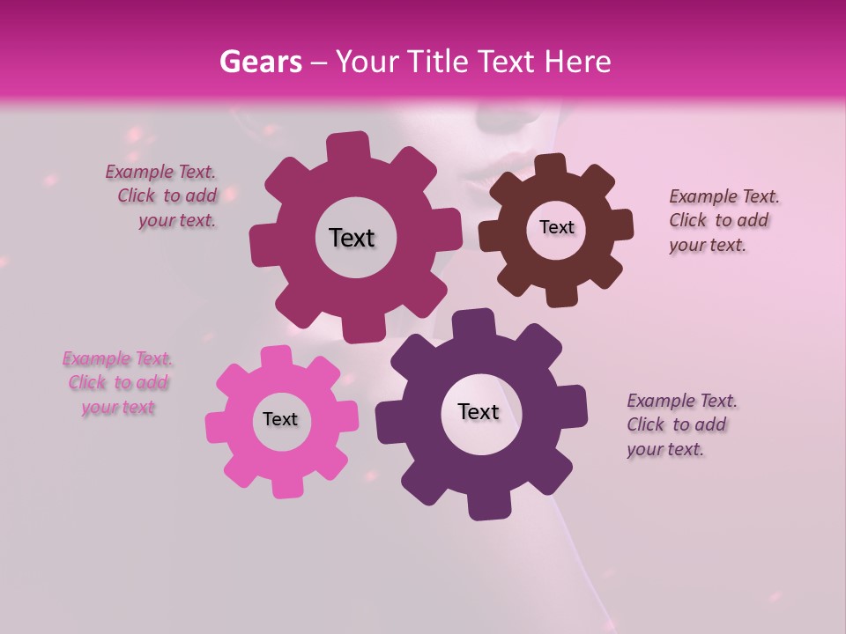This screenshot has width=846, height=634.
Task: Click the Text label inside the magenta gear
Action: point(352,238)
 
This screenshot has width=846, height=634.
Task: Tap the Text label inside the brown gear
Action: point(556,227)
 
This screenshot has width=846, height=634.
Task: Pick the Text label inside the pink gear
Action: point(280,419)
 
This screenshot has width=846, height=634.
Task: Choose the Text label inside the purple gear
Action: point(479,411)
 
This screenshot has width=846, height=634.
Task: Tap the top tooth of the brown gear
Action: point(550,165)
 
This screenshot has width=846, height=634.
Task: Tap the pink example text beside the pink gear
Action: point(118,383)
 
